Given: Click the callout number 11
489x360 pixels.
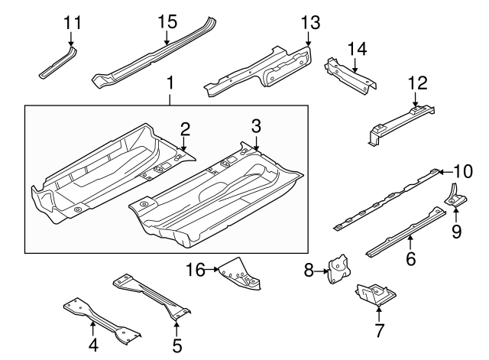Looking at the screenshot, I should pos(72,21).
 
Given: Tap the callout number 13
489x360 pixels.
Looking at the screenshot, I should pos(308,21).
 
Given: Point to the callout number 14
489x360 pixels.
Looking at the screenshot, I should pos(357,49).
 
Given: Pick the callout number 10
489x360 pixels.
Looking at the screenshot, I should pos(464,170).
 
